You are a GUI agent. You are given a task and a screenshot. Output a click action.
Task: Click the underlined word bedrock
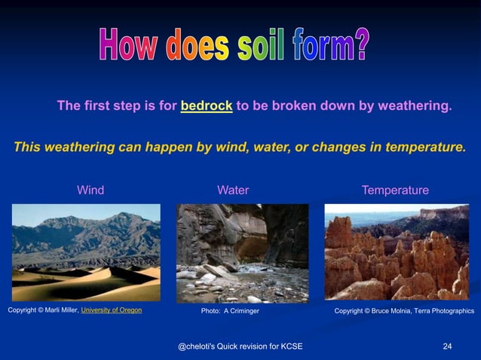(206, 106)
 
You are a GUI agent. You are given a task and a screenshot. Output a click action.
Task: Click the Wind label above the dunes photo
(90, 190)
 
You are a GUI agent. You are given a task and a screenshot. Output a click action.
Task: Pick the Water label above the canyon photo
(233, 190)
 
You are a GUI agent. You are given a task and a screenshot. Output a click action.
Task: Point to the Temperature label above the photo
(395, 190)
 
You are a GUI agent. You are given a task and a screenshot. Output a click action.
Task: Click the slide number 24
(447, 346)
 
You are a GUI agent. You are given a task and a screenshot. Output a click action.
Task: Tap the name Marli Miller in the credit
(59, 310)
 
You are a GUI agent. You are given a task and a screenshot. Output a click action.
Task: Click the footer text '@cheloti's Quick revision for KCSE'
(239, 346)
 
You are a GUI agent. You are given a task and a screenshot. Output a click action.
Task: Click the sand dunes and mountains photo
(86, 252)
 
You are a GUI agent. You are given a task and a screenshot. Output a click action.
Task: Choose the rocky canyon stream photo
(242, 252)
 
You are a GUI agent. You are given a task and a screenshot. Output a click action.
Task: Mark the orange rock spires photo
(397, 252)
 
